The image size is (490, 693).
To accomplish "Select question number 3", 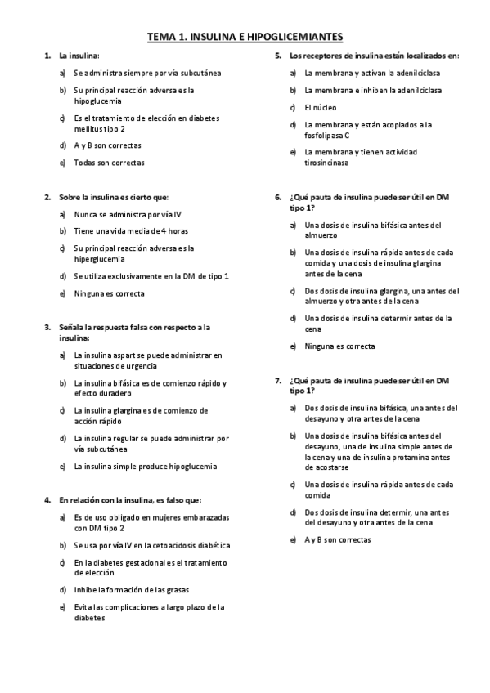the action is coord(47,327).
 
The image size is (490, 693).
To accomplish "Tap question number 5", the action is coord(278,56).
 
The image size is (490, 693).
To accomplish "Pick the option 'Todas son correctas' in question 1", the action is coord(108,163).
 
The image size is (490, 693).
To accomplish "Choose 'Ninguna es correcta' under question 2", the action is coord(108,293).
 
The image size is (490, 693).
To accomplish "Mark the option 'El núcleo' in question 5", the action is coord(320,107).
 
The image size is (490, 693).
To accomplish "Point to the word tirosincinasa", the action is coord(326,163).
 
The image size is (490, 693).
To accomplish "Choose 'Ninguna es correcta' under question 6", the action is coord(339,346).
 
